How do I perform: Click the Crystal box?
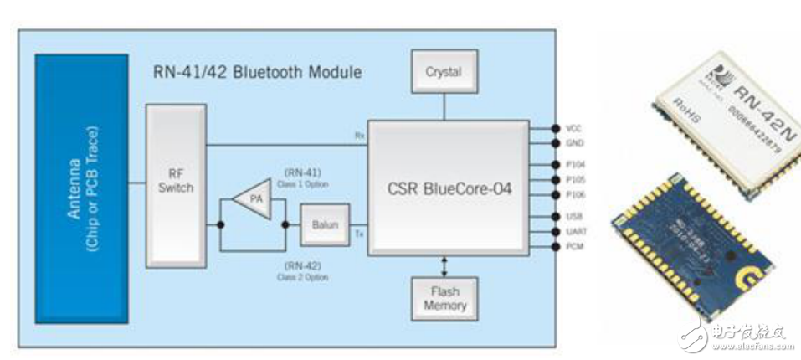tap(444, 72)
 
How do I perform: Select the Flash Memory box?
tap(444, 298)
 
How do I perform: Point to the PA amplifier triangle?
tap(252, 199)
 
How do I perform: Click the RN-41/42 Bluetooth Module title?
tap(257, 73)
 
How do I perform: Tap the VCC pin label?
tap(574, 129)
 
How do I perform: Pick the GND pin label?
tap(574, 143)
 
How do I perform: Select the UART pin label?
tap(575, 232)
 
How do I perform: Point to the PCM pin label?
tap(574, 247)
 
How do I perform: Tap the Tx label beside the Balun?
tap(357, 234)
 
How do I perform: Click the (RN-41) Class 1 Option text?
tap(304, 177)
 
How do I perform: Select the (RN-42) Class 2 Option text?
tap(304, 270)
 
